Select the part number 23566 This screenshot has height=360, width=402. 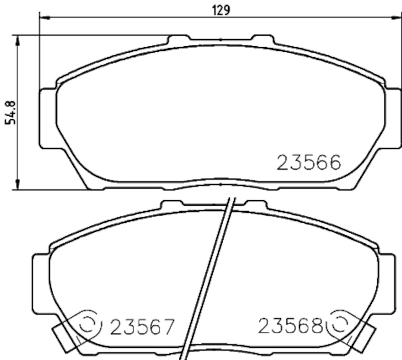[x=309, y=162]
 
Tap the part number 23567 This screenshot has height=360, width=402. [x=141, y=328]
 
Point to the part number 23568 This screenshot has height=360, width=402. [x=290, y=327]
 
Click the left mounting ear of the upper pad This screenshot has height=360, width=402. [x=46, y=118]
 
